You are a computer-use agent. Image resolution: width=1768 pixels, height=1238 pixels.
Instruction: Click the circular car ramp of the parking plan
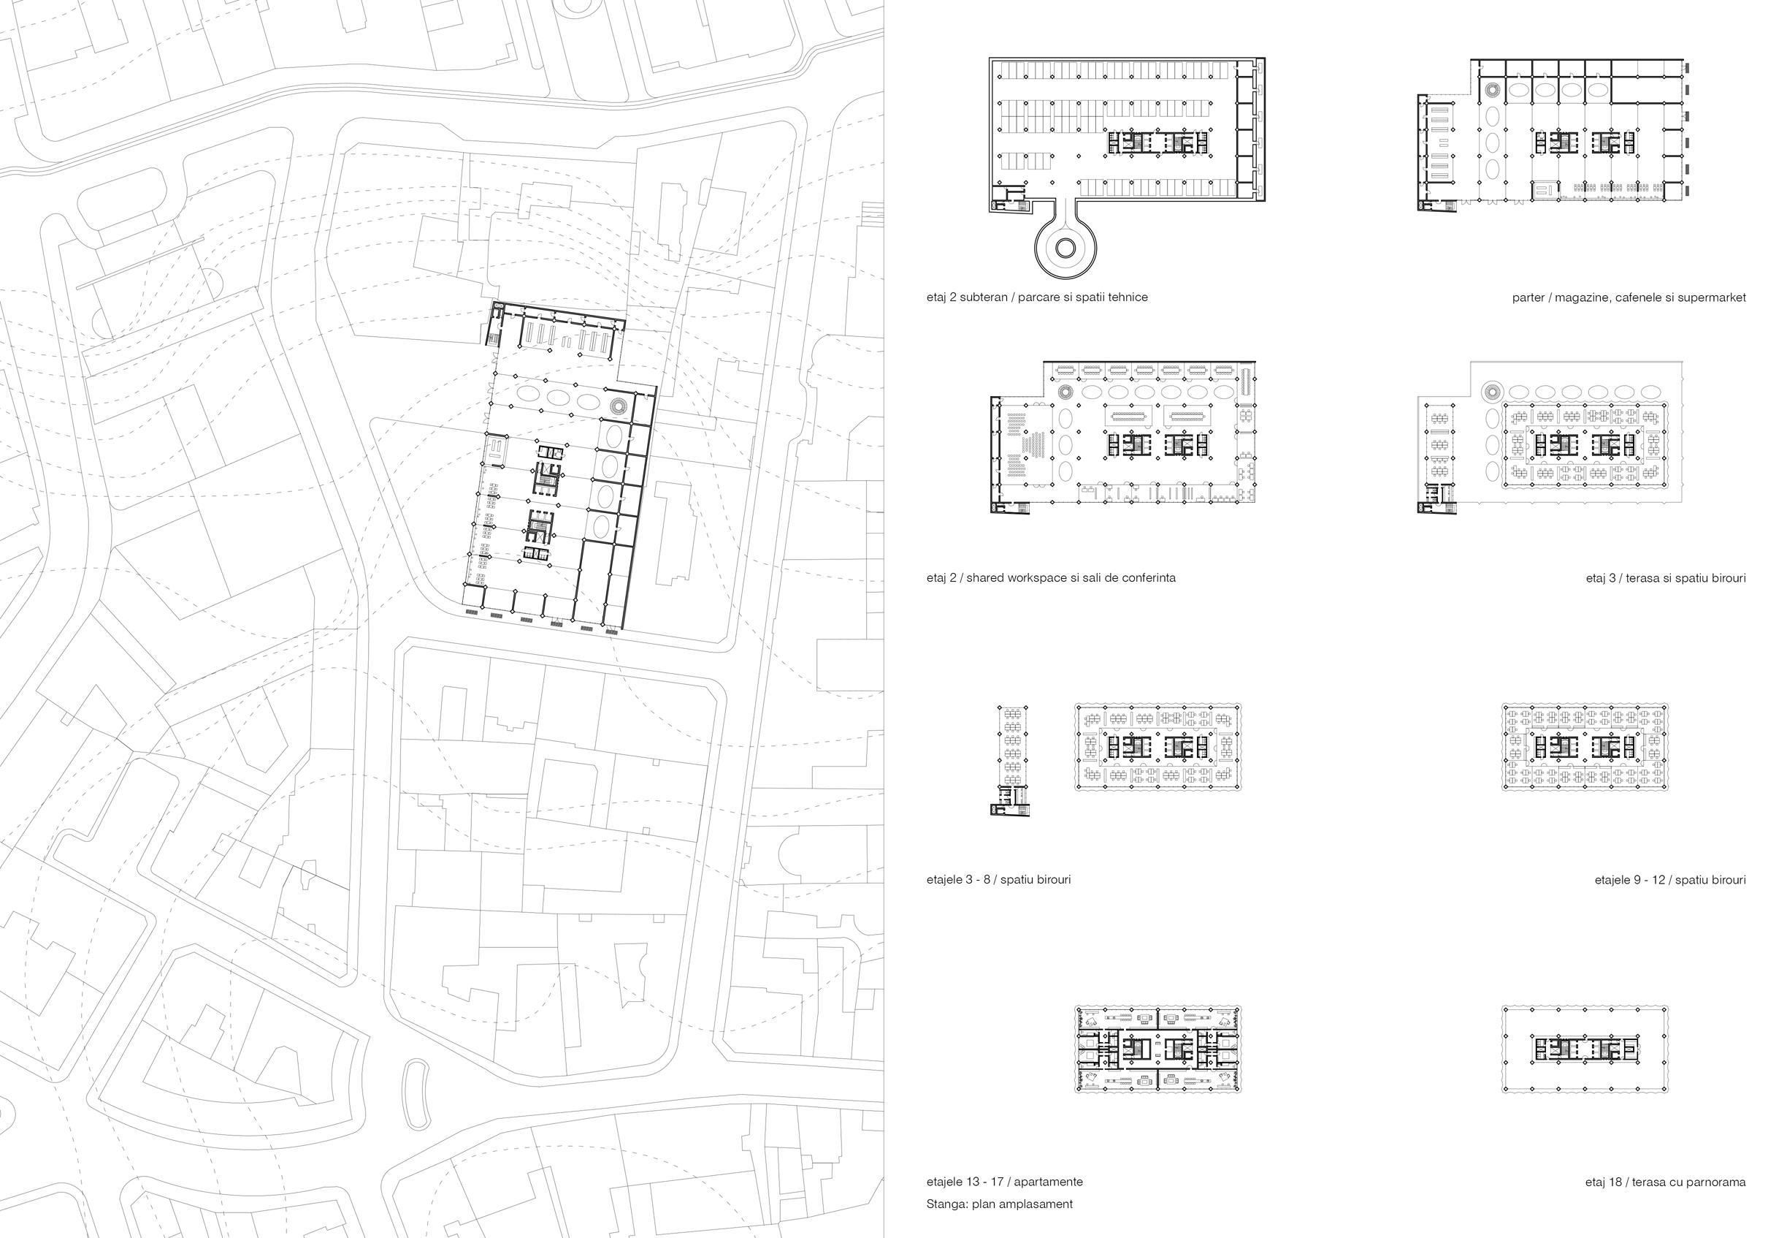(x=1065, y=247)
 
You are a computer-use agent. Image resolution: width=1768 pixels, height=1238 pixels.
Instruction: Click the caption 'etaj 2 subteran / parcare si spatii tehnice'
(x=1036, y=297)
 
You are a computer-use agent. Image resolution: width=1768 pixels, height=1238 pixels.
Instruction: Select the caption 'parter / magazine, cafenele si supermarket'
(x=1629, y=297)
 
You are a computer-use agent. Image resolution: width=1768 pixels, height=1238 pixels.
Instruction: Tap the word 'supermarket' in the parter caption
(x=1713, y=297)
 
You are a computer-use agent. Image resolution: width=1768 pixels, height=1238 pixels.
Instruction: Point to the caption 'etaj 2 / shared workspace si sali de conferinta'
(x=1050, y=578)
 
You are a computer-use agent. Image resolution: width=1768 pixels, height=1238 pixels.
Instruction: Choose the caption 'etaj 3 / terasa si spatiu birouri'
(x=1666, y=578)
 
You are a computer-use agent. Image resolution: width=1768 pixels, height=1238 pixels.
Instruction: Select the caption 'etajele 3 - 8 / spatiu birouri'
(x=998, y=880)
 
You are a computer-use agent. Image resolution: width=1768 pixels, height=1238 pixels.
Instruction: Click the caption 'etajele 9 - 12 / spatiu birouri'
(x=1669, y=880)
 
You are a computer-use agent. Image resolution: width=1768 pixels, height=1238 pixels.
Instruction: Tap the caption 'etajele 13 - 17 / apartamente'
(x=1004, y=1182)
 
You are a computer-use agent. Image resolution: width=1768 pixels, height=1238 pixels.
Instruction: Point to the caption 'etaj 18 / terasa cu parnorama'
(x=1665, y=1182)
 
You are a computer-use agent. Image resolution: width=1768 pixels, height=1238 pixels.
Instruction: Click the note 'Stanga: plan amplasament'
(x=999, y=1204)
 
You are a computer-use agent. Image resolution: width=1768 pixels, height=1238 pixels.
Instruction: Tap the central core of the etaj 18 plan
(x=1585, y=1048)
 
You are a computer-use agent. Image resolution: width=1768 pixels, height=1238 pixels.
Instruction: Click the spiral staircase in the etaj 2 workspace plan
(x=1065, y=392)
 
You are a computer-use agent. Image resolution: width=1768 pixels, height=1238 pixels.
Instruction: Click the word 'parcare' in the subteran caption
(x=1038, y=297)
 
